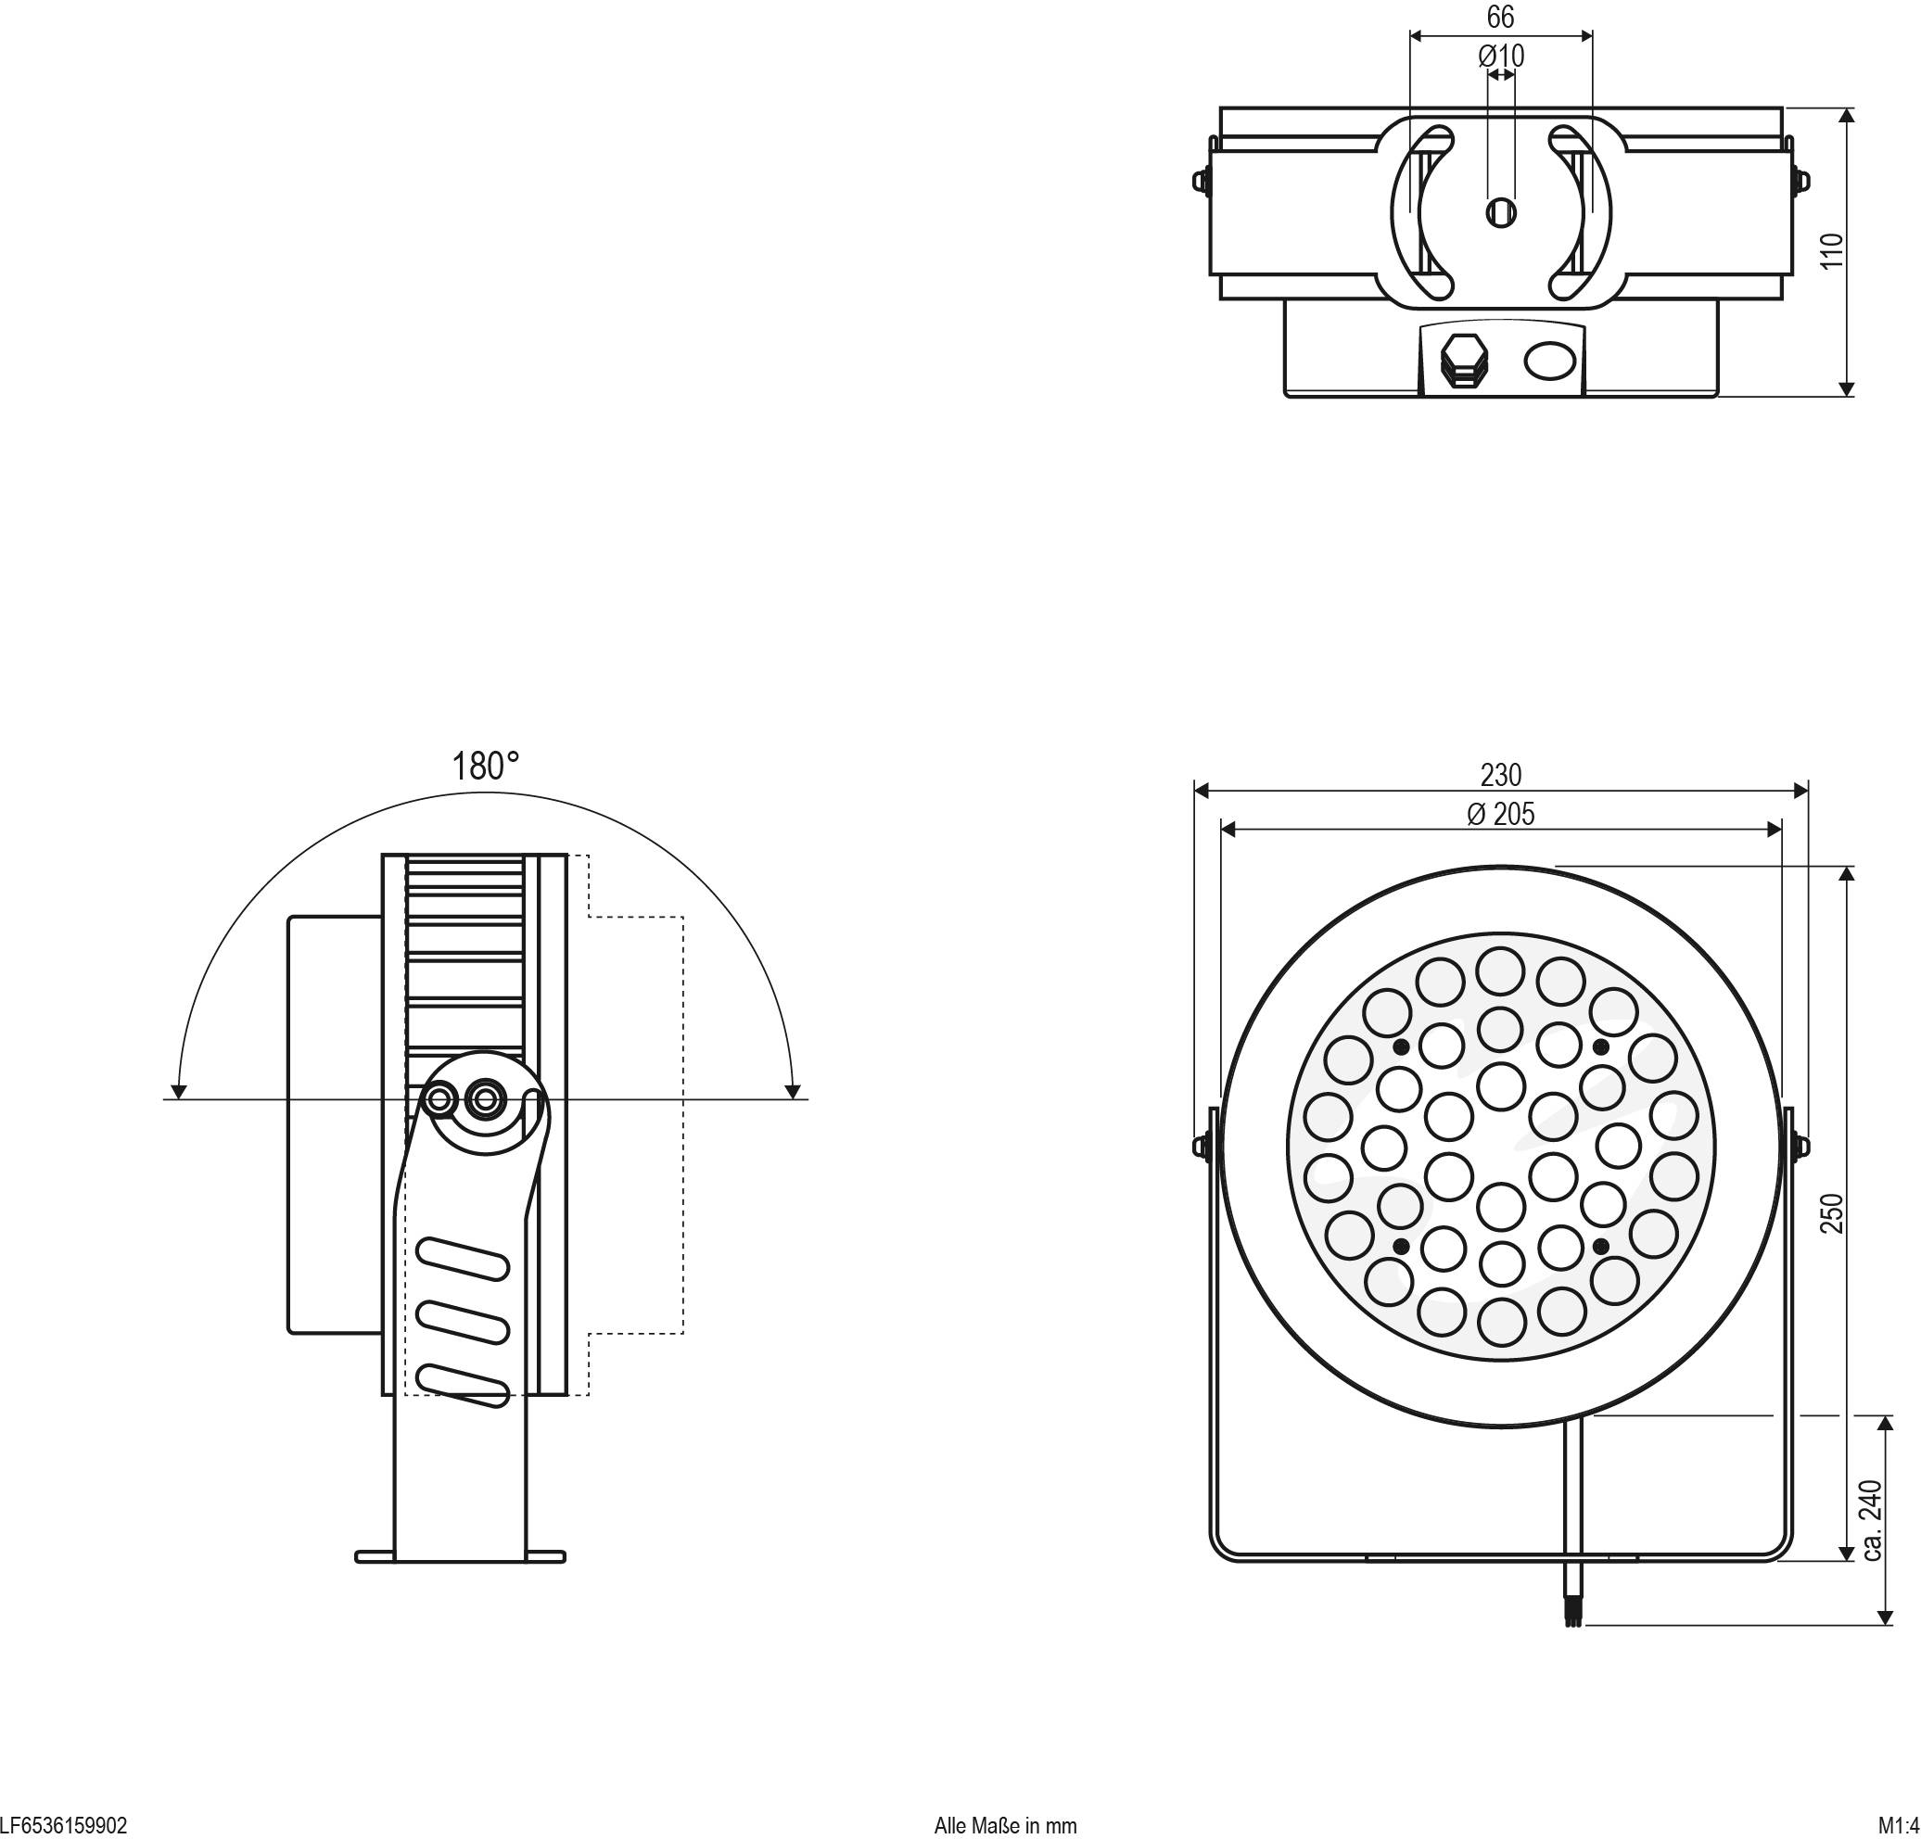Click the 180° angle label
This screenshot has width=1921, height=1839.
pyautogui.click(x=484, y=767)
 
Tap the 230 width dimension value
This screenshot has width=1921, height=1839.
pyautogui.click(x=1500, y=775)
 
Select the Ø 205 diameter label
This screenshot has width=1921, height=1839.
pyautogui.click(x=1500, y=814)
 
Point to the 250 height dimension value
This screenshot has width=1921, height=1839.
pyautogui.click(x=1832, y=1213)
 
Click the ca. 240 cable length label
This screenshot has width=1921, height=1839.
pyautogui.click(x=1871, y=1519)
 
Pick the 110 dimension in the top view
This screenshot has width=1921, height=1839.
pyautogui.click(x=1832, y=251)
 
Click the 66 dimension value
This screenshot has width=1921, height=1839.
pyautogui.click(x=1500, y=17)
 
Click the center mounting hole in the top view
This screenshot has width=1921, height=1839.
pyautogui.click(x=1500, y=211)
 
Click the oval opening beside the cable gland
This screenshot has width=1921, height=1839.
pyautogui.click(x=1550, y=360)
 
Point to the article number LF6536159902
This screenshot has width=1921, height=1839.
pyautogui.click(x=64, y=1826)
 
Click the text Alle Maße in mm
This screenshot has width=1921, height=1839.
pyautogui.click(x=1006, y=1826)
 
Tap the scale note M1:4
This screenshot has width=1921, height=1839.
pyautogui.click(x=1899, y=1826)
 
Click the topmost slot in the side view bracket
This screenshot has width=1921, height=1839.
pyautogui.click(x=463, y=1259)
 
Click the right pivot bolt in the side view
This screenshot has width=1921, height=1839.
pyautogui.click(x=483, y=1099)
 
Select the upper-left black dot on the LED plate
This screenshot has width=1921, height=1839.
pyautogui.click(x=1402, y=1047)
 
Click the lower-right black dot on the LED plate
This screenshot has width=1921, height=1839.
pyautogui.click(x=1600, y=1247)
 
